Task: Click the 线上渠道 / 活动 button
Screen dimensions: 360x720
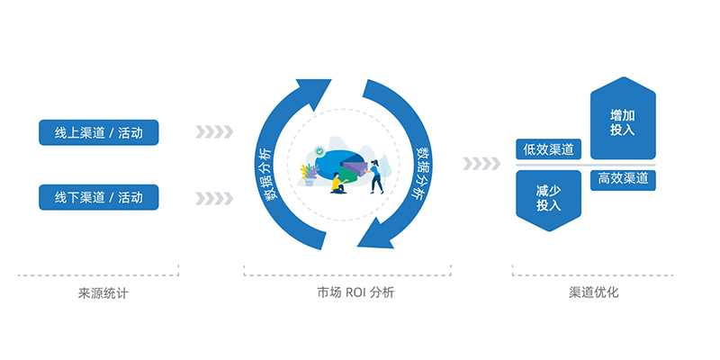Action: tap(99, 133)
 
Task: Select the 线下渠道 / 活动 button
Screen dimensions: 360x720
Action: tap(99, 196)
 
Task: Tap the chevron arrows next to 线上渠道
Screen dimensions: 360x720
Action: tap(214, 133)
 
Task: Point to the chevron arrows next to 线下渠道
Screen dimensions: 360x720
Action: tap(214, 196)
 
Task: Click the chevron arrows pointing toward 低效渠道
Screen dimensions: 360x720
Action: tap(481, 164)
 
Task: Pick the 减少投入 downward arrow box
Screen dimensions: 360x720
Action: tap(548, 198)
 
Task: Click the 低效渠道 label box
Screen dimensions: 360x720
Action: tap(548, 149)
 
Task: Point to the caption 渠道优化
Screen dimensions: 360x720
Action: tap(594, 292)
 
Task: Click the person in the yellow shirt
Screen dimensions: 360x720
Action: tap(337, 184)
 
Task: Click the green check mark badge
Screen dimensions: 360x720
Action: tap(319, 150)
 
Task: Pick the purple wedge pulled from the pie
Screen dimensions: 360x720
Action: tap(357, 166)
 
